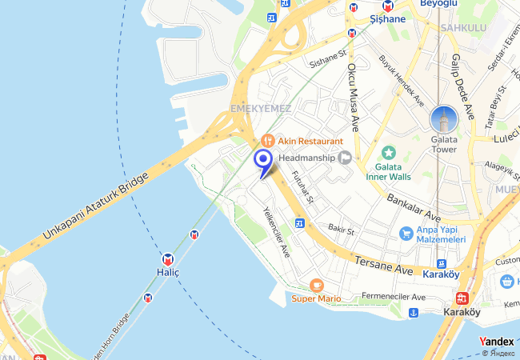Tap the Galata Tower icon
pyautogui.click(x=443, y=120)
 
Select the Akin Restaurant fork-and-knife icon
pyautogui.click(x=267, y=140)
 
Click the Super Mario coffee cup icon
pyautogui.click(x=316, y=285)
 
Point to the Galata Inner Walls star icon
pyautogui.click(x=389, y=152)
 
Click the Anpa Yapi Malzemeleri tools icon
pyautogui.click(x=406, y=233)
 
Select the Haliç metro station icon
pyautogui.click(x=168, y=259)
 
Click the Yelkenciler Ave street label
pyautogui.click(x=277, y=232)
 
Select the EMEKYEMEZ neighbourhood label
pyautogui.click(x=260, y=108)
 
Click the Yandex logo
pyautogui.click(x=497, y=342)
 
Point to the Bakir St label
pyautogui.click(x=341, y=230)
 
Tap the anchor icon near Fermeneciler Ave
pyautogui.click(x=414, y=311)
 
